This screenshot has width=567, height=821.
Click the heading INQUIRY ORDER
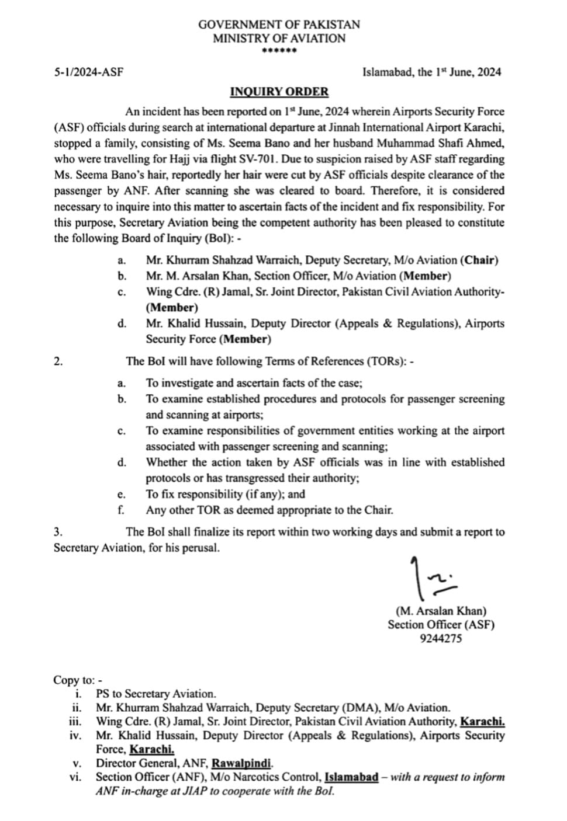coord(279,92)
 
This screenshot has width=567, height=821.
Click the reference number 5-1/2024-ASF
coord(88,72)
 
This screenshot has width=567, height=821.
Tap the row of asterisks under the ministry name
coord(279,51)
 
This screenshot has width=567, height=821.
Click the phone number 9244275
coord(441,638)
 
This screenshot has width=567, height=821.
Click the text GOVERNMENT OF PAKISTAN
coord(279,25)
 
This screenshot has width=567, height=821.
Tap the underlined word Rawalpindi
coord(241,763)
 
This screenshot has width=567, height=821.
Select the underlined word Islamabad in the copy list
coord(351,777)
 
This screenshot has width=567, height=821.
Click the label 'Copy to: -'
coord(78,680)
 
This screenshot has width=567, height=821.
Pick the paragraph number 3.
coord(57,532)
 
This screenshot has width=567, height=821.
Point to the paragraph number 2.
coord(57,361)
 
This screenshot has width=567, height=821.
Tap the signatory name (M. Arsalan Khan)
coord(441,611)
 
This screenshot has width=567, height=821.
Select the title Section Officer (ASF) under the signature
coord(441,625)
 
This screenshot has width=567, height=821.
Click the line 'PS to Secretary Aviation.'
coord(156,694)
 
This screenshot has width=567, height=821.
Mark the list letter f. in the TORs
coord(121,510)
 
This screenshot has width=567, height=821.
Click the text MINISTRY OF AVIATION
coord(279,39)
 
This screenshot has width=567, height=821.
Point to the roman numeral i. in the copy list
coord(78,694)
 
